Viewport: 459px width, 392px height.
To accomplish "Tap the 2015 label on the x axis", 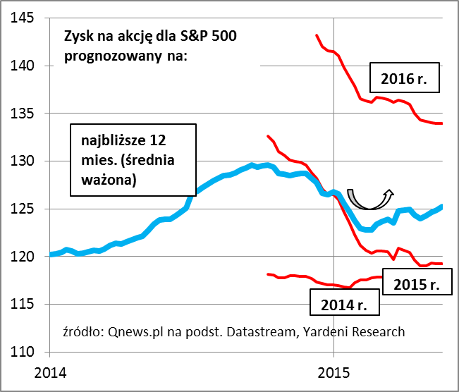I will (x=334, y=371).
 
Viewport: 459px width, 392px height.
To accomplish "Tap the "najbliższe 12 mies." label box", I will (x=133, y=159).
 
